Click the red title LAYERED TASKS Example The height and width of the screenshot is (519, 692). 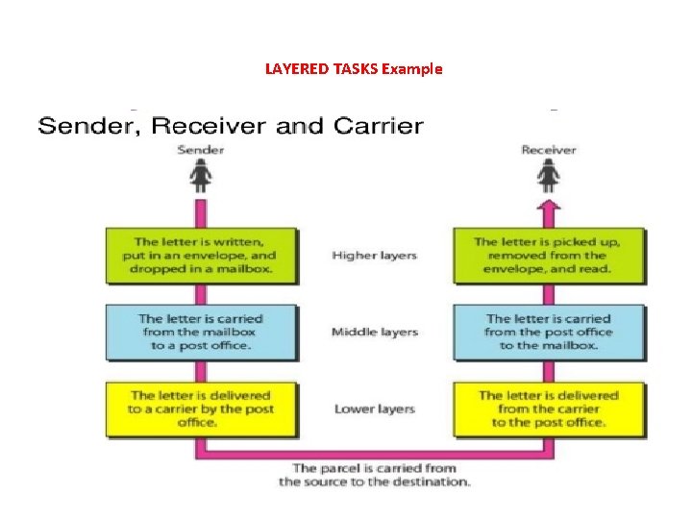point(353,68)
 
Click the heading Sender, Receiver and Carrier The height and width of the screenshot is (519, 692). point(230,126)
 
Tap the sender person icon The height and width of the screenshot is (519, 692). point(201,177)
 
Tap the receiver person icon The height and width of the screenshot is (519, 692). point(548,177)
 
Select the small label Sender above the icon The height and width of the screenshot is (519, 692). point(201,150)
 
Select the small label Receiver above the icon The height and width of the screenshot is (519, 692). point(548,150)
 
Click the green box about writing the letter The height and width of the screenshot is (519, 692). point(202,256)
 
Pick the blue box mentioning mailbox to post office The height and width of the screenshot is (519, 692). point(202,332)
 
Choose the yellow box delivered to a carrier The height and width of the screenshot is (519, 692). point(202,408)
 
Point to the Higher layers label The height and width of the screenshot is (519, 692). point(374,256)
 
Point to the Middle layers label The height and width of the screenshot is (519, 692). point(374,333)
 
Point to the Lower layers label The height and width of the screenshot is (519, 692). point(374,409)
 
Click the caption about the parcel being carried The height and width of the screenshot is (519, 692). point(374,475)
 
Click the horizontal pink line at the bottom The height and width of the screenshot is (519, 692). point(374,452)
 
